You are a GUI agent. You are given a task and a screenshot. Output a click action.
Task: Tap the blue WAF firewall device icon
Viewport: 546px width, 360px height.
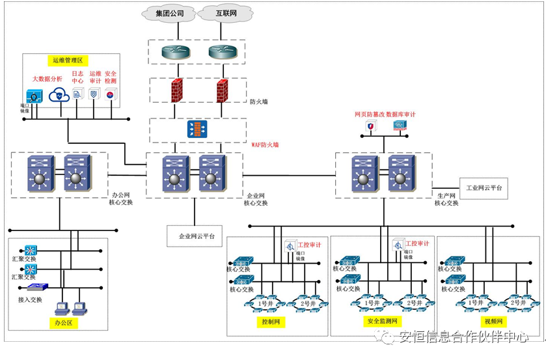[x=197, y=129]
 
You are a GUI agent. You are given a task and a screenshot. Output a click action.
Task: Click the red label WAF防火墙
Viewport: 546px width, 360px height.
[x=264, y=145]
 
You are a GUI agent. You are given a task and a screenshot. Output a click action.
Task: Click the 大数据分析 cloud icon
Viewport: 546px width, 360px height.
[x=59, y=94]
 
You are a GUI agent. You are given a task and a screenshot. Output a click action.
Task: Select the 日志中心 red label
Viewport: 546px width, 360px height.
[x=77, y=77]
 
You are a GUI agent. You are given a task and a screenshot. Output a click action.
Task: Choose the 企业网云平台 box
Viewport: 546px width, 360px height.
[x=196, y=235]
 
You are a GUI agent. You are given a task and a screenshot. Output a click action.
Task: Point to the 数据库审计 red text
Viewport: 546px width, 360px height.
[x=401, y=115]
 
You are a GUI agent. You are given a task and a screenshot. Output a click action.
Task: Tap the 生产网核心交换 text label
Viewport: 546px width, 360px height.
[x=446, y=199]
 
